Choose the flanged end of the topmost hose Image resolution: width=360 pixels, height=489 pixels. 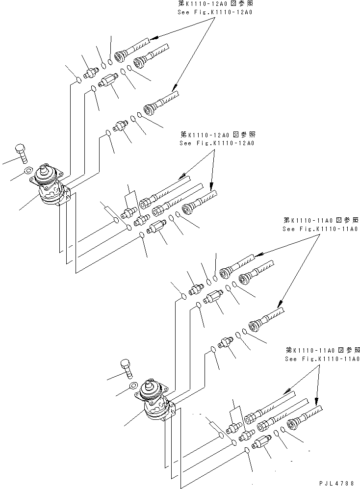point(119,56)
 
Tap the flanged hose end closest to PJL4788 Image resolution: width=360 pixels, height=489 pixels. point(294,425)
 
